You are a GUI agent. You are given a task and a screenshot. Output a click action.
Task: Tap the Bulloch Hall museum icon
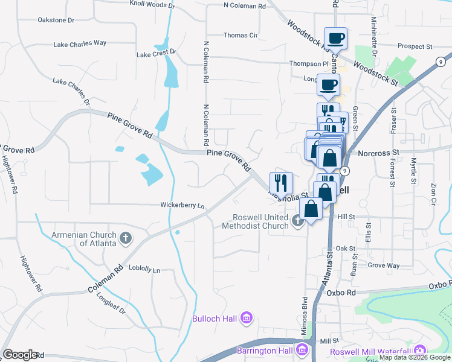(246, 318)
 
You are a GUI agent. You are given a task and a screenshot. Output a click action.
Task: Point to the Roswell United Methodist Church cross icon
(297, 221)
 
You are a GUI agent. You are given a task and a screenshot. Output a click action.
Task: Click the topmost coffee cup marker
(335, 39)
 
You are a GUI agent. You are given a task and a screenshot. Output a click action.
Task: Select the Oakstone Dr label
(56, 20)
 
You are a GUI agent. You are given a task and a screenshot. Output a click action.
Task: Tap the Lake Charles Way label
(80, 43)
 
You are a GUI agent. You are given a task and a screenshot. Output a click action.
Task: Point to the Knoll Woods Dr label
(152, 5)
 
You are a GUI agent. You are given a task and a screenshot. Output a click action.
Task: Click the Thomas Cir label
(241, 36)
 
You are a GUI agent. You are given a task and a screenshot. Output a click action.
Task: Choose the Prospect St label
(415, 46)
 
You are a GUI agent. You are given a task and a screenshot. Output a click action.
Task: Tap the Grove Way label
(384, 265)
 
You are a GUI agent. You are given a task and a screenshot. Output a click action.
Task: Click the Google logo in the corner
(21, 355)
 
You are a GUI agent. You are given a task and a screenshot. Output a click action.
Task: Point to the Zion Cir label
(433, 192)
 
